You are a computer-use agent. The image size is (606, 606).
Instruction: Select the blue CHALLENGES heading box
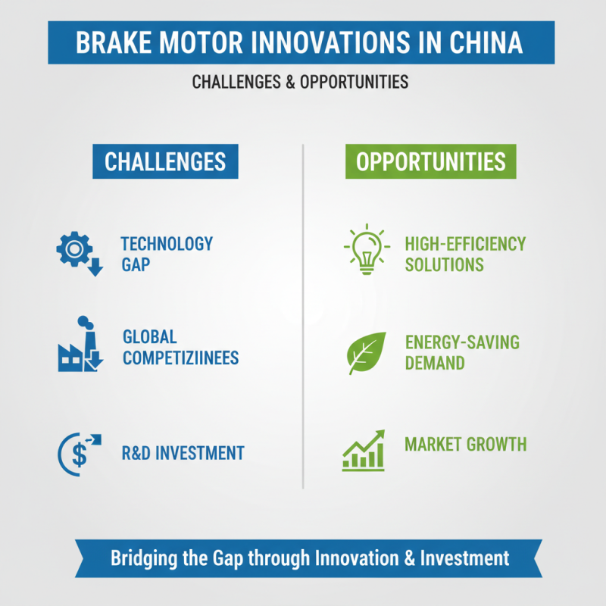(x=165, y=162)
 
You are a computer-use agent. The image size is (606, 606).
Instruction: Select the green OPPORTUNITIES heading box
(x=431, y=162)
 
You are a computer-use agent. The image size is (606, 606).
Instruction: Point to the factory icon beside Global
(x=80, y=347)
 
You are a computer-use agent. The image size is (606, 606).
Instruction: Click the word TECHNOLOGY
(x=167, y=244)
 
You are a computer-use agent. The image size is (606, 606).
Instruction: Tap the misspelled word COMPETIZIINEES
(x=180, y=358)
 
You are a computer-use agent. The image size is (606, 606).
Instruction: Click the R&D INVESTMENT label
(x=183, y=453)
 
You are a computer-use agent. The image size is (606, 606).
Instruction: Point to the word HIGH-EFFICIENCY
(x=465, y=244)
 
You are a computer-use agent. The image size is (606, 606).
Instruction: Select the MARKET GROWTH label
(x=465, y=444)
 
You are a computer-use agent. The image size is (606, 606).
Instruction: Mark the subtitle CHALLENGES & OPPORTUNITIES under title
(x=301, y=82)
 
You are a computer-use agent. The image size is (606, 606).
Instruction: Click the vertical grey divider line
(x=303, y=318)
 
